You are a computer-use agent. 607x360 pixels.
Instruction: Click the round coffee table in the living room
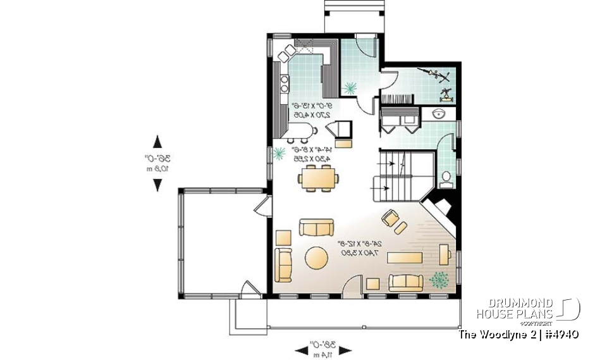coord(316,258)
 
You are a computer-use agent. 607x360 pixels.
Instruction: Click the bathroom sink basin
coord(441,114)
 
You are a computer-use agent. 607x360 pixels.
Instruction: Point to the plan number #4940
coord(559,334)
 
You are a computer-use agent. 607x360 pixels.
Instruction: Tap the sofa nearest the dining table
coord(316,227)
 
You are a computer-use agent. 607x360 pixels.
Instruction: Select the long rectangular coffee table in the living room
coord(405,258)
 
